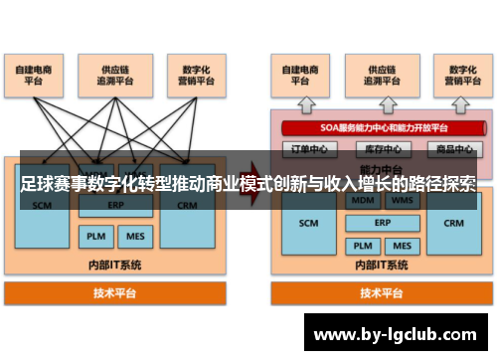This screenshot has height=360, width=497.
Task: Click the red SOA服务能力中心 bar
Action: point(378,127)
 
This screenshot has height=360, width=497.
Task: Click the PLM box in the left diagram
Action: point(94,238)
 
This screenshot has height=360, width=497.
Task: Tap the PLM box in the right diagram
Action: point(359,245)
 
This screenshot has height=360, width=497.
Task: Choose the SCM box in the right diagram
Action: point(308,223)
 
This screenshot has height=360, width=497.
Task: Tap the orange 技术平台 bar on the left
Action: point(115,293)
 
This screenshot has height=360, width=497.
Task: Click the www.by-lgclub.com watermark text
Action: point(395,333)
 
